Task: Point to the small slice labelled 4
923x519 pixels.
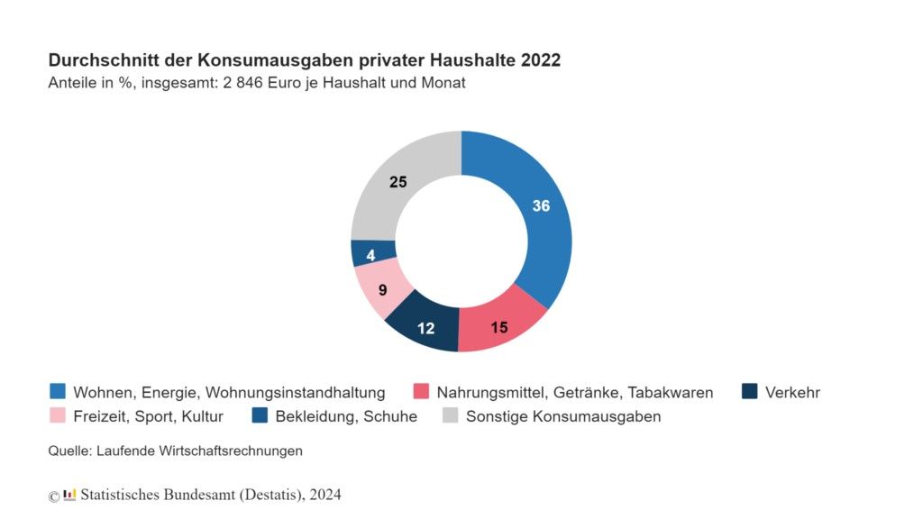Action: tap(370, 255)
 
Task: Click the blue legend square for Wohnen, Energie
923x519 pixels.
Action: tap(58, 392)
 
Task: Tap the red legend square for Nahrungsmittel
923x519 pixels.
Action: tap(421, 392)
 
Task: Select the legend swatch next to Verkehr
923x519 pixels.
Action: tap(749, 392)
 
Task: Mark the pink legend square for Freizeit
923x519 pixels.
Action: tap(58, 416)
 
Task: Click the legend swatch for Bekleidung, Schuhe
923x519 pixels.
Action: tap(260, 416)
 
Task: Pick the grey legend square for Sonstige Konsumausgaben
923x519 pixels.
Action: tap(450, 416)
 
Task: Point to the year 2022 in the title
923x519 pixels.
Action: tap(539, 60)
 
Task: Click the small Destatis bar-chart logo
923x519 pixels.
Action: tap(69, 495)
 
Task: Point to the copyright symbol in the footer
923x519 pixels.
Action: tap(54, 496)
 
